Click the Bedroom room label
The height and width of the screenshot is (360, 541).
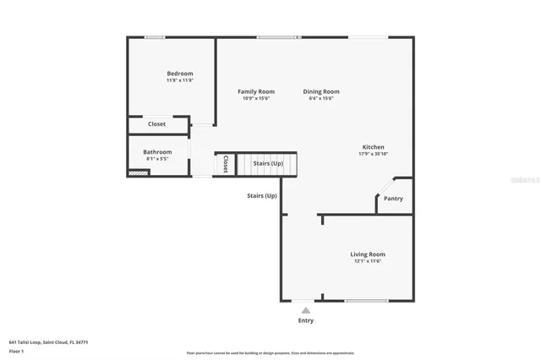coord(179,74)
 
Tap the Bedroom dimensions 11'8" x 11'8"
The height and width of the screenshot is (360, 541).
coord(179,80)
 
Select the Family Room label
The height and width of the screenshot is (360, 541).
coord(255,91)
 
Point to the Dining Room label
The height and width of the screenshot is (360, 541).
coord(321,91)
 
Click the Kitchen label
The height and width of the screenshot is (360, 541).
coord(373,147)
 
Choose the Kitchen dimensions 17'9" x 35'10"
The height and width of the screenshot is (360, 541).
coord(373,154)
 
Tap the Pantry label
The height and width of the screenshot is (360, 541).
coord(393,199)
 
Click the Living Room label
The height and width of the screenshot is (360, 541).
coord(368,254)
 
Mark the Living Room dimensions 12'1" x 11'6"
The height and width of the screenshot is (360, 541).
coord(368,261)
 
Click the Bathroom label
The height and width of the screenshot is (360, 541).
coord(157,152)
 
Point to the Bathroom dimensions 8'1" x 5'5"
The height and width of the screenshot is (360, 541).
coord(157,159)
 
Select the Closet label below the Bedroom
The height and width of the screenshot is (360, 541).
coord(157,124)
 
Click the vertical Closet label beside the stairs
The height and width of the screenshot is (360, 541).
coord(226,164)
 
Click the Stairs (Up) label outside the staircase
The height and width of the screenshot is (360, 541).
coord(261,196)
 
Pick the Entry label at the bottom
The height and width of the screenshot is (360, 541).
coord(305,320)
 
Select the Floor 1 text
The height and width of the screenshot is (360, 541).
coord(16,351)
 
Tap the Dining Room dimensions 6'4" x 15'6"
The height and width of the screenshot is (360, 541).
coord(321,99)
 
